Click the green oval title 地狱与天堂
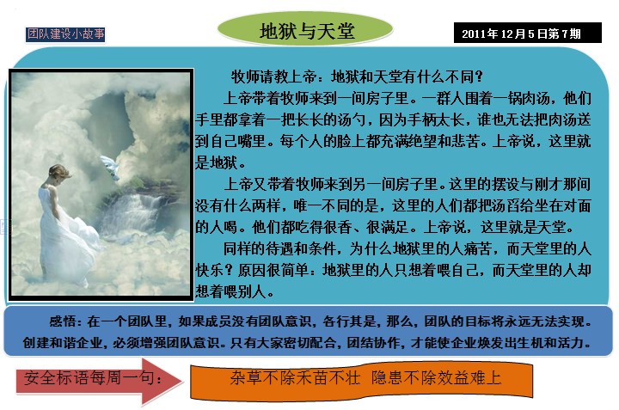[x=305, y=29]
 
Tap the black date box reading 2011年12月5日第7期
[x=527, y=33]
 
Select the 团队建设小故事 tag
[x=65, y=34]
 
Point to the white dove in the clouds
[x=110, y=166]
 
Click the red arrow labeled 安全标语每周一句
[x=99, y=380]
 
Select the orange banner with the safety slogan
[x=361, y=380]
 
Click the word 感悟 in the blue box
[x=63, y=321]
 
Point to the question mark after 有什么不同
[x=479, y=76]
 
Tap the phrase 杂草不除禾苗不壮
[x=295, y=378]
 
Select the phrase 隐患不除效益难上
[x=436, y=378]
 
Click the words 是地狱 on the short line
[x=217, y=162]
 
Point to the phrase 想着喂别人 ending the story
[x=230, y=291]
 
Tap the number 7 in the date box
[x=565, y=34]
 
